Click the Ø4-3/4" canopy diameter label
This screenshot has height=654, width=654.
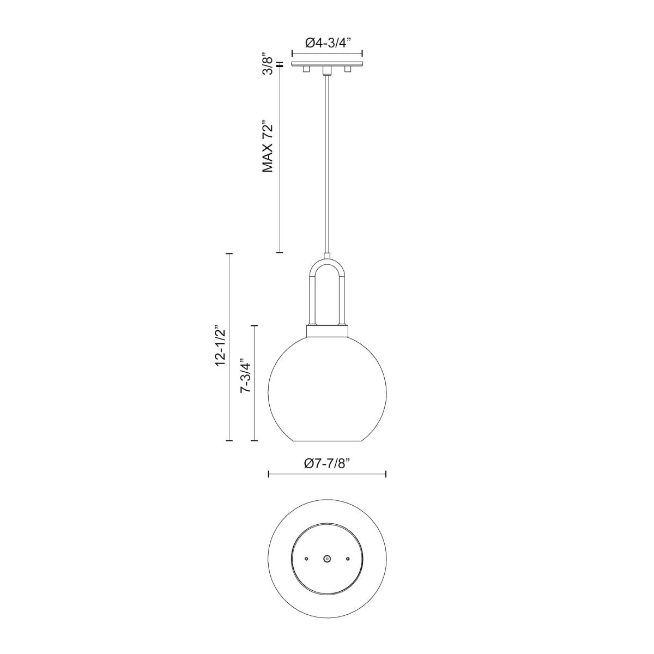tap(327, 44)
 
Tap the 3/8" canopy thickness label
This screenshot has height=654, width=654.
tap(267, 64)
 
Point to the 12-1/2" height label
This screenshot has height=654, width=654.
tap(220, 346)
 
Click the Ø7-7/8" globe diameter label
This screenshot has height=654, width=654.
tap(327, 464)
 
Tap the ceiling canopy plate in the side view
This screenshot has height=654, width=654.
tap(327, 65)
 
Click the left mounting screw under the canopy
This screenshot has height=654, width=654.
tap(307, 70)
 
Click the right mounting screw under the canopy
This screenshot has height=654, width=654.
tap(347, 70)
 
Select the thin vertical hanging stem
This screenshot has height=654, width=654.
tap(327, 163)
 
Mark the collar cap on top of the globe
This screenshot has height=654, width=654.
tap(327, 331)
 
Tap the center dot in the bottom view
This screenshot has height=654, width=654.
tap(327, 559)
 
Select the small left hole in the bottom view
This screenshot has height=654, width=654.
tap(307, 559)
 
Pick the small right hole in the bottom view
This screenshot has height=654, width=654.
tap(347, 559)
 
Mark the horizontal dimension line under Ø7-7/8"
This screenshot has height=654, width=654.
tap(327, 474)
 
